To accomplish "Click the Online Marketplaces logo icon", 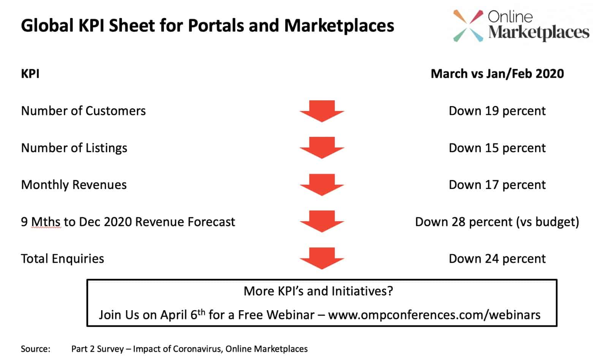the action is click(x=468, y=26).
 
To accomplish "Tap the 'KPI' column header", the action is click(x=30, y=74).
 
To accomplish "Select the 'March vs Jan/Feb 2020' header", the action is click(x=497, y=74).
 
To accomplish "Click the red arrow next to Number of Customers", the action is click(x=322, y=111).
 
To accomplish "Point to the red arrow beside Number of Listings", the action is click(x=322, y=148).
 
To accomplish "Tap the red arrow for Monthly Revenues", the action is click(x=322, y=185).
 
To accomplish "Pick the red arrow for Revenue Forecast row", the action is click(x=322, y=222).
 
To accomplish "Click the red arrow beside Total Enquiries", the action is click(x=322, y=259).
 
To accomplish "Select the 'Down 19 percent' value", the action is click(x=497, y=111).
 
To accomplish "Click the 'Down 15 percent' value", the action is click(x=497, y=148).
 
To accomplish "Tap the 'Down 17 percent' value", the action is click(x=497, y=185).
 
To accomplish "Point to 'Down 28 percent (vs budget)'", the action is click(x=497, y=222).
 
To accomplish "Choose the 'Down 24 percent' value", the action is click(x=497, y=259).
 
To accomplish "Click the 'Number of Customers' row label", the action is click(x=83, y=111).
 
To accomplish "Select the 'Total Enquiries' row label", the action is click(x=62, y=259).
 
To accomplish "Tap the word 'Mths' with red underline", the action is click(x=46, y=222).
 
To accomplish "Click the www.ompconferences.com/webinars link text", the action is click(x=434, y=315).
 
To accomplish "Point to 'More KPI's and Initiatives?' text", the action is click(x=318, y=291).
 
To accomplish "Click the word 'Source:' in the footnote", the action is click(x=36, y=349).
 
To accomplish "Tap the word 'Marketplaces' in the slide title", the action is click(x=339, y=26).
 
